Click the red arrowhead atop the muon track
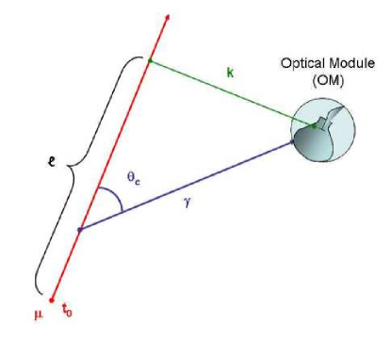[167, 18]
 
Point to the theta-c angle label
[134, 177]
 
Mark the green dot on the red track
[149, 62]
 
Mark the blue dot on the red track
[79, 227]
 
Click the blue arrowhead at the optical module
[291, 139]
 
